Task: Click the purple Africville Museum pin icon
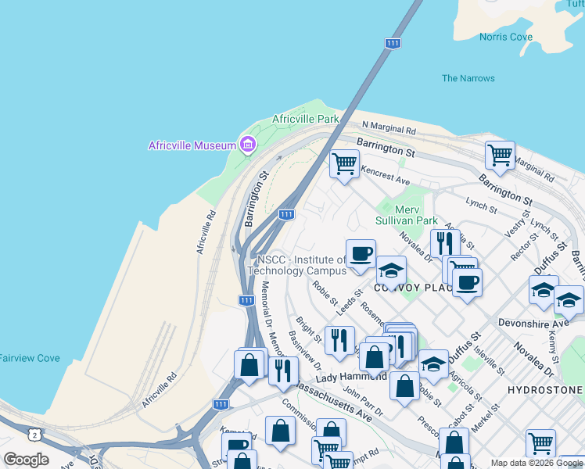click(x=249, y=145)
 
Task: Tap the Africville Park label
click(x=306, y=119)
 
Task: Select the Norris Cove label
click(x=507, y=37)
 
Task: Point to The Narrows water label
click(x=468, y=78)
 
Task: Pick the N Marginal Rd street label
click(x=389, y=128)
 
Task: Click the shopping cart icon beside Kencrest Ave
click(x=343, y=164)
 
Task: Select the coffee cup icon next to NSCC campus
click(x=361, y=253)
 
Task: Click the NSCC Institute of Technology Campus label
click(x=296, y=265)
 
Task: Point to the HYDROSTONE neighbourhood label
click(x=545, y=389)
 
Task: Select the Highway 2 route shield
click(x=33, y=434)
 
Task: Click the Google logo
click(x=26, y=460)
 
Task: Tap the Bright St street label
click(x=308, y=329)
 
